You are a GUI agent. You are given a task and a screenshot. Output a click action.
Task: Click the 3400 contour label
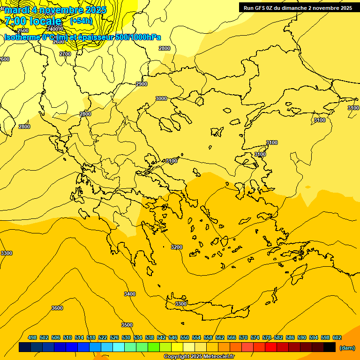coord(130,294)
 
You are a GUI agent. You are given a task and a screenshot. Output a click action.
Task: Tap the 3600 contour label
coord(57,308)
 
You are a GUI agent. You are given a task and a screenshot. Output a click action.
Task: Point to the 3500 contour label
coord(127,325)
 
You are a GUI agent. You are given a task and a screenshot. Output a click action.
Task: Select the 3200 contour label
coord(177,247)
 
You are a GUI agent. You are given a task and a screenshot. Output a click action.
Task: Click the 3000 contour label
coord(161,98)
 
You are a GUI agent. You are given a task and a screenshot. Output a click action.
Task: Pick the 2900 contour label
coord(142,84)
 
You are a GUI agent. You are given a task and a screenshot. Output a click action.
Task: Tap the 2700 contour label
coord(65,54)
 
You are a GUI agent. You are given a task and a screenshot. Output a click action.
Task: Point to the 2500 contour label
coord(23,30)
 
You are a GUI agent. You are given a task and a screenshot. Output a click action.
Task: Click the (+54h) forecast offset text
coord(81,21)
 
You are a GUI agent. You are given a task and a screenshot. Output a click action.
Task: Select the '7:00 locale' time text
coord(33,21)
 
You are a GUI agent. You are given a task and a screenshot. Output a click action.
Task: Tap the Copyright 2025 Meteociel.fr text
coord(199,357)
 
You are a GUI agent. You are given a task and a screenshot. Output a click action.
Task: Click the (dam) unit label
coord(347,348)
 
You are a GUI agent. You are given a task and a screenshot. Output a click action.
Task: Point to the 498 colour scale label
coord(32,337)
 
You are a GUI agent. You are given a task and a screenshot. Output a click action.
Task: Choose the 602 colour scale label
coord(337,337)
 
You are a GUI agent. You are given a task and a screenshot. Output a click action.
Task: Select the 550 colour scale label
coord(185,337)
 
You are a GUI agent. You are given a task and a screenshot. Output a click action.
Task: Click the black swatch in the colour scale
coord(330,347)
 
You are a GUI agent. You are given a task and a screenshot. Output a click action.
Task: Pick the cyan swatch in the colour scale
coord(119,347)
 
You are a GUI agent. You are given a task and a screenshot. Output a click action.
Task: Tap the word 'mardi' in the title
coord(17,10)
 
